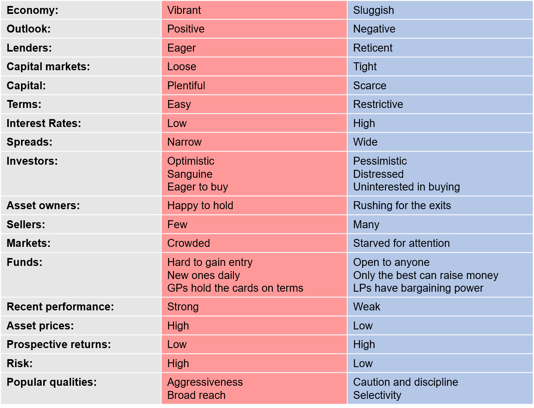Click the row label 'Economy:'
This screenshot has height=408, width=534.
pos(32,10)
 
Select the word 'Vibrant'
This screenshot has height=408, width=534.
pos(184,10)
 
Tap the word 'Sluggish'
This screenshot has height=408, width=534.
pos(373,10)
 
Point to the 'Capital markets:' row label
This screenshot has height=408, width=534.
pos(48,67)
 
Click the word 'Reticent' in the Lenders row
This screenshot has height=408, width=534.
pos(373,48)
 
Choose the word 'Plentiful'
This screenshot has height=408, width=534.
pos(186,86)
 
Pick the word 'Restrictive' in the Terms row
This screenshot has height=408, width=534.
pos(378,104)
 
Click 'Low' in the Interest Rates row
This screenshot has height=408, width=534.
pos(177,123)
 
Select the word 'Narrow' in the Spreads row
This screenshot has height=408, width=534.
pos(184,142)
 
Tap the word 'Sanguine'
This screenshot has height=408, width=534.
pos(189,174)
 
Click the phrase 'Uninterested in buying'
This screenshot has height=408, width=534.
pos(406,187)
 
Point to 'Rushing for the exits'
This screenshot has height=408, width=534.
pos(402,206)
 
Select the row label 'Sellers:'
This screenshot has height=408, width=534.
pos(26,225)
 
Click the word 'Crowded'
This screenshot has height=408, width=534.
pos(188,243)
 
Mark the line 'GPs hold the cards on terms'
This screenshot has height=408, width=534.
pos(235,288)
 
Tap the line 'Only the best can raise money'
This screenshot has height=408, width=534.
pos(425,275)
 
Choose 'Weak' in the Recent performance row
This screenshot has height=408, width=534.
pos(366,307)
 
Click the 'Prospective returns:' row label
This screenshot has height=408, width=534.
pos(59,344)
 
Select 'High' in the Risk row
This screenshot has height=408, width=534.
pos(178,364)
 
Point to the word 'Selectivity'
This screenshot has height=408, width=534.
pos(377,395)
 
